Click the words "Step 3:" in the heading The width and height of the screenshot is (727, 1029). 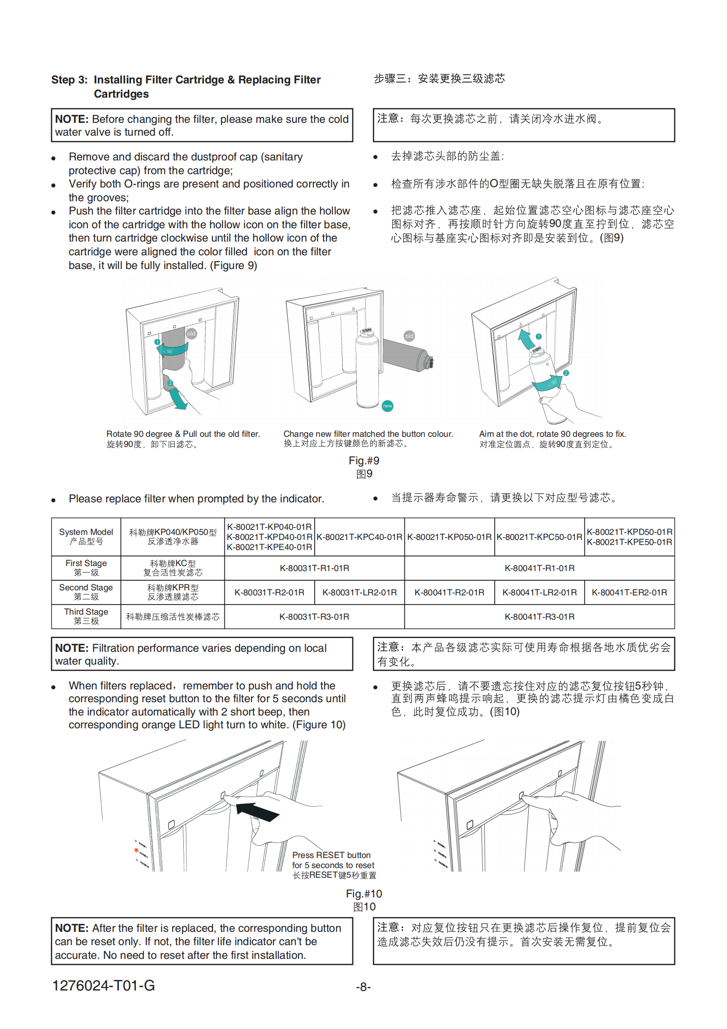click(69, 80)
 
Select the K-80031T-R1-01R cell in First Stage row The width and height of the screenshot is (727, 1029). click(314, 568)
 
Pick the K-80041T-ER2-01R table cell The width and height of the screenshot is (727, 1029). click(629, 592)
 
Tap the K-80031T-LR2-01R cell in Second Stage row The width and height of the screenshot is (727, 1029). click(359, 592)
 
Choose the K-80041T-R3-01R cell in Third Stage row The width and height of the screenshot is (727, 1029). click(539, 616)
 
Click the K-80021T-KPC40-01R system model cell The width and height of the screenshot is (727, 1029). click(359, 537)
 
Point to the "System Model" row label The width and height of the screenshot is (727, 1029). click(86, 532)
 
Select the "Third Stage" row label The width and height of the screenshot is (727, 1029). click(86, 612)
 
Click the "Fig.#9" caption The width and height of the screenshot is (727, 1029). click(364, 461)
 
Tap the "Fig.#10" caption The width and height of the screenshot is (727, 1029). click(364, 893)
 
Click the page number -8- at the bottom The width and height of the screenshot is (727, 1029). click(363, 986)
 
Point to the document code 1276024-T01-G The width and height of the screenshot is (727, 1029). click(104, 985)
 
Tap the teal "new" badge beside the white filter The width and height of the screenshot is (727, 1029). click(388, 406)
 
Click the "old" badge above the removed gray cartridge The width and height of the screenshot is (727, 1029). click(409, 336)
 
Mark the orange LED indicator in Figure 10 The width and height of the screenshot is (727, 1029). click(136, 850)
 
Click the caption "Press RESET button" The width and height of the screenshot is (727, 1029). click(331, 855)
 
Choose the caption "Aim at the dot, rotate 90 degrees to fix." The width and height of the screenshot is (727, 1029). click(552, 434)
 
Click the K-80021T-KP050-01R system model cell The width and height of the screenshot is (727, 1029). click(449, 537)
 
